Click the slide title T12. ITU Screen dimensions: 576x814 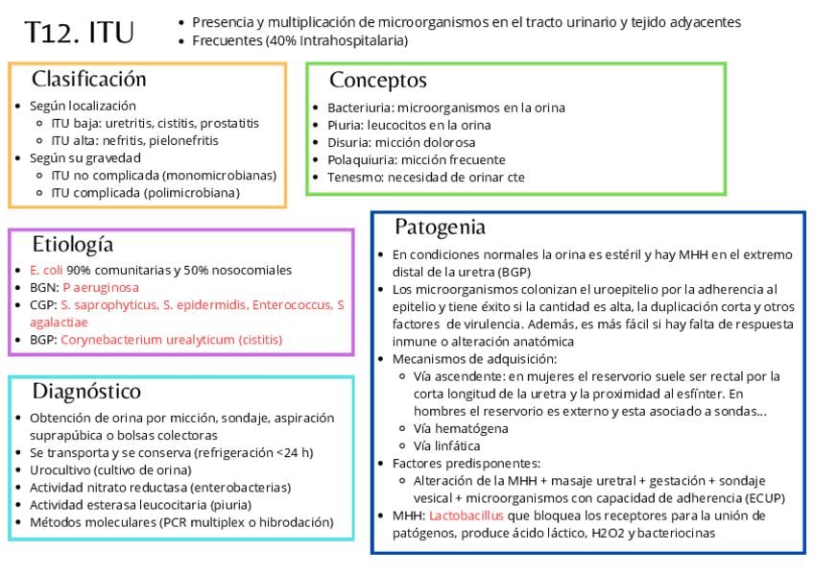coord(79,33)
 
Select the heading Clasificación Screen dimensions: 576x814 coord(88,80)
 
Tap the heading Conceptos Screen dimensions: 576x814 coord(377,81)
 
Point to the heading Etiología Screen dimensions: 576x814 coord(72,244)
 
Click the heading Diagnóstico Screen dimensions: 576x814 coord(86,392)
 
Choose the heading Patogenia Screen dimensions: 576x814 coord(440,228)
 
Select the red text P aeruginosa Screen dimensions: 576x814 coord(101,288)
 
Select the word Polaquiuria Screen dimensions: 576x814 coord(362,159)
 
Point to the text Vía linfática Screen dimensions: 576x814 coord(447,445)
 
